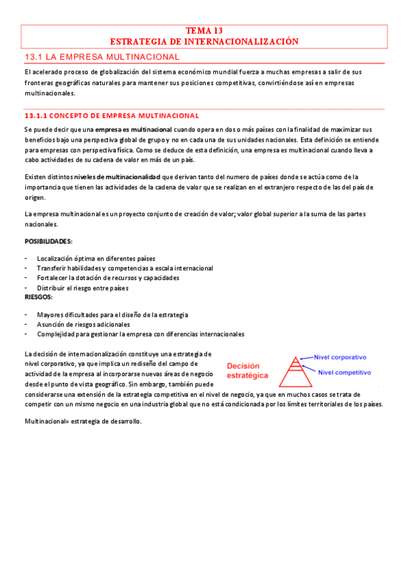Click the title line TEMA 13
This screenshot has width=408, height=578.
(x=204, y=31)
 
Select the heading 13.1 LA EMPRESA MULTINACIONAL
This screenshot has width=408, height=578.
(x=101, y=56)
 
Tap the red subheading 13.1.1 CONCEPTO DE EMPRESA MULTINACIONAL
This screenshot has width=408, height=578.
(x=111, y=116)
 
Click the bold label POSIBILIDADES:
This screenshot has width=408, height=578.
(x=48, y=242)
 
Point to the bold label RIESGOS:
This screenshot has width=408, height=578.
(x=38, y=297)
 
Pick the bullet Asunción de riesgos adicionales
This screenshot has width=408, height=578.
(x=83, y=324)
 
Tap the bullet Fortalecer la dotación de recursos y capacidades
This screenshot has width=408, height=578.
(x=108, y=278)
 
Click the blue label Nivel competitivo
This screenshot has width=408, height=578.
(x=345, y=373)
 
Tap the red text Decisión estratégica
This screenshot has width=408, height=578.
(x=248, y=370)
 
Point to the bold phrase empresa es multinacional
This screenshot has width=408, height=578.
(x=133, y=130)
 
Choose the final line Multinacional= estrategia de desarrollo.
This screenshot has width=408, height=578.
(x=82, y=422)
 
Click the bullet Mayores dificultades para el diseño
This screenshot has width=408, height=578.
(x=112, y=315)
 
